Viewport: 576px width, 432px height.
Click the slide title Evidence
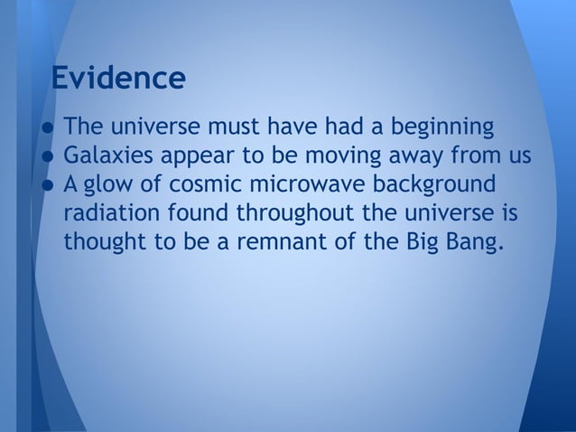click(118, 78)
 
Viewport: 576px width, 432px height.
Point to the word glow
click(115, 185)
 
